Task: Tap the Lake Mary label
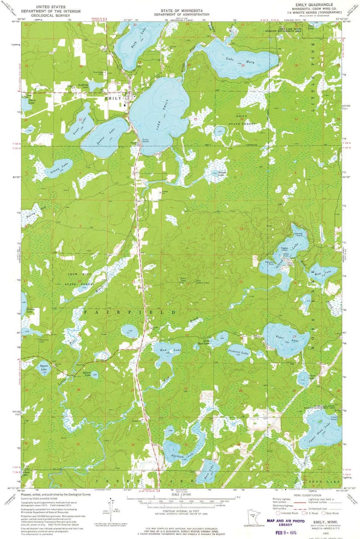click(240, 60)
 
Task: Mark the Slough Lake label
click(222, 173)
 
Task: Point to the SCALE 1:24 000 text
click(180, 494)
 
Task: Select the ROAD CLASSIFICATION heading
click(307, 495)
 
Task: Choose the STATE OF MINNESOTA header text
click(182, 11)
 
